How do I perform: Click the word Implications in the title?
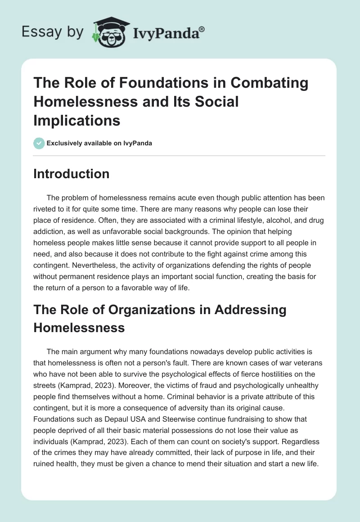pyautogui.click(x=76, y=121)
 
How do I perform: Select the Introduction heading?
pyautogui.click(x=71, y=174)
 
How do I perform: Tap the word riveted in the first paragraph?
pyautogui.click(x=45, y=208)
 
